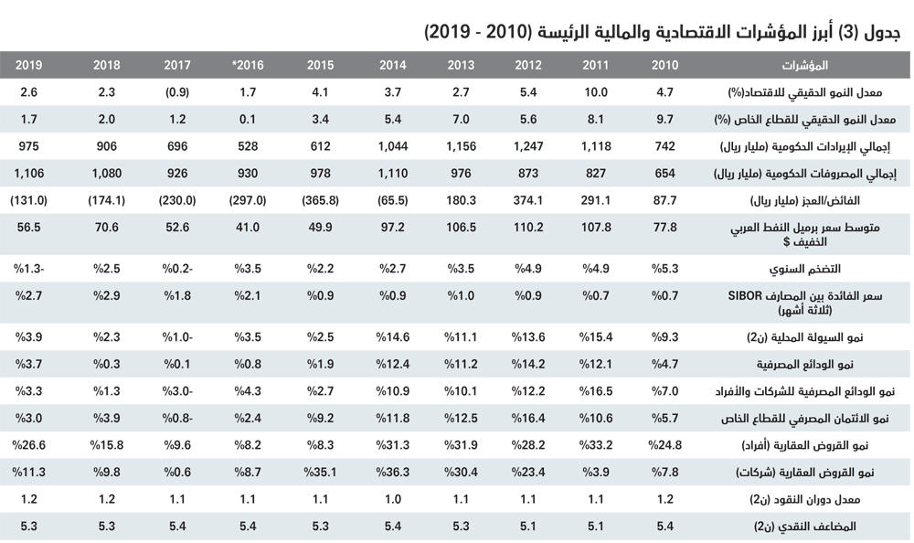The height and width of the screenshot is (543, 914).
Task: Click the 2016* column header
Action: [247, 65]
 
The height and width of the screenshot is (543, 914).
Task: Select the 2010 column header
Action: [664, 65]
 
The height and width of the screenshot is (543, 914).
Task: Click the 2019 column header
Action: [29, 65]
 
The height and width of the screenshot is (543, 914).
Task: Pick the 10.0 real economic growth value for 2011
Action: [595, 91]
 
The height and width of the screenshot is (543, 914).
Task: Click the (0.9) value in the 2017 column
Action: [176, 91]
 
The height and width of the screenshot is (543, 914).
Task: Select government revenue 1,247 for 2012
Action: [527, 145]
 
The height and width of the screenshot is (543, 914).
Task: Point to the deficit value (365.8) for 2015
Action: [316, 199]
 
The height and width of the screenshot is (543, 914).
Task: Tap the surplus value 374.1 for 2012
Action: [527, 199]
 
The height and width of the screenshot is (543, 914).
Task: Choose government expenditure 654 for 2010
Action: [664, 173]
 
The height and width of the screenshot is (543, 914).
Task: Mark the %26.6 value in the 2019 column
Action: [31, 445]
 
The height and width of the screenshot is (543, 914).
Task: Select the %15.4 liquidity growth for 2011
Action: [595, 337]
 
